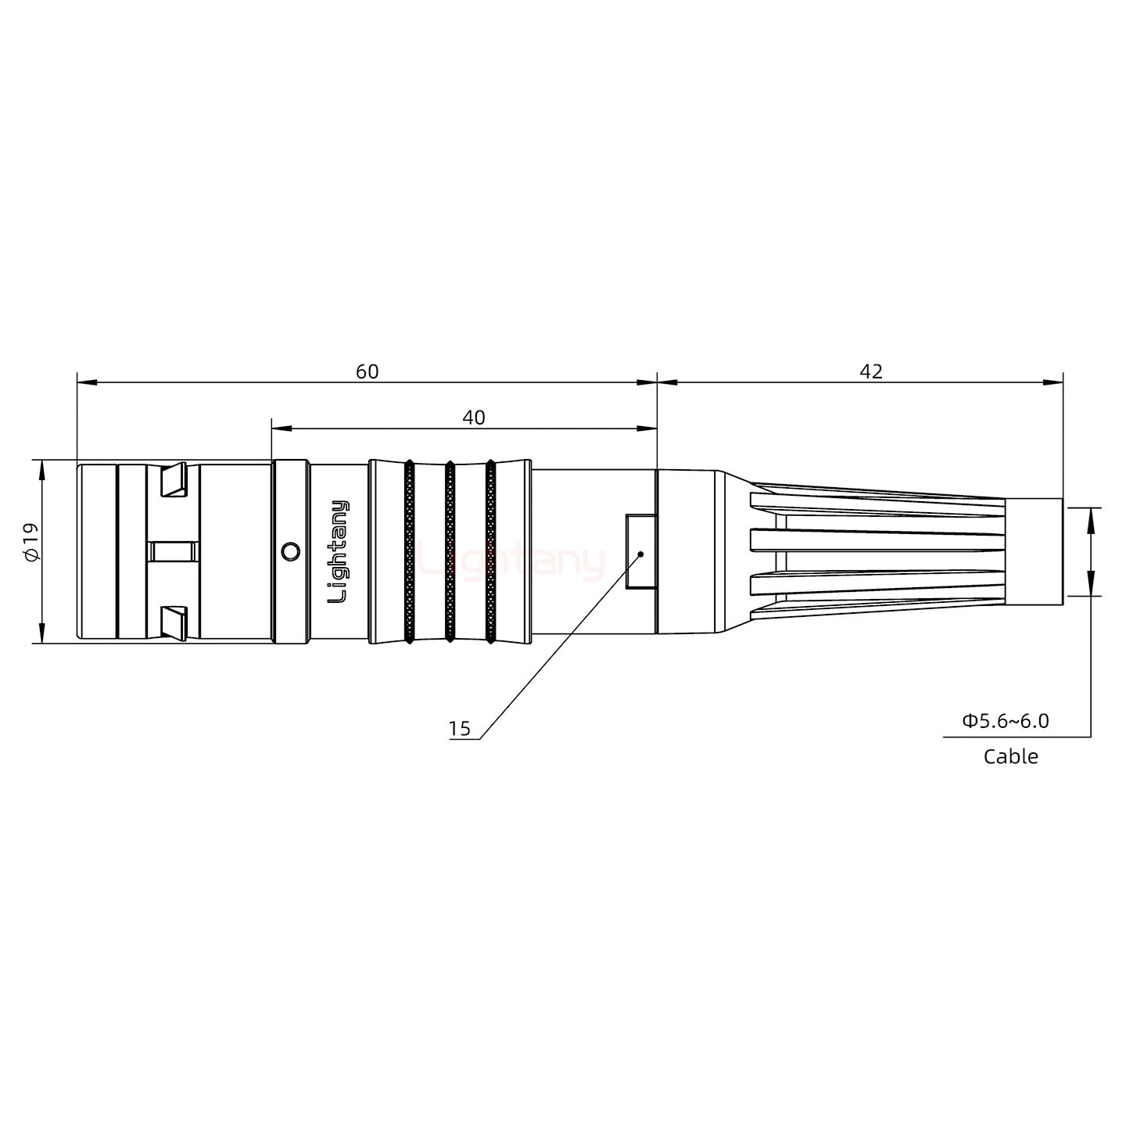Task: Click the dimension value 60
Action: pos(367,371)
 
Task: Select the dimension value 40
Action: pos(473,418)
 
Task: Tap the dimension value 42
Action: pos(870,371)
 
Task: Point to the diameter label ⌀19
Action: pos(30,542)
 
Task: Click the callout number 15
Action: pos(460,729)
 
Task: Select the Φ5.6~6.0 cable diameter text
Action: pos(1005,721)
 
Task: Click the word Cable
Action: pos(1010,756)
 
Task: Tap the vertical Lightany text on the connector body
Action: pos(338,551)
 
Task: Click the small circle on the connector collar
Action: pos(290,552)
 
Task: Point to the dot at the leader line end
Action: pos(640,554)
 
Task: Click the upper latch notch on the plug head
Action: pos(174,480)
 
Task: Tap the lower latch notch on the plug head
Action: pos(174,622)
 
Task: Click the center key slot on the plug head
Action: pos(173,552)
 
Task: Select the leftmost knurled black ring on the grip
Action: pos(409,552)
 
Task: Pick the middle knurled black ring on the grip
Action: pos(450,552)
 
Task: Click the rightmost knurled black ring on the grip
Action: pos(490,552)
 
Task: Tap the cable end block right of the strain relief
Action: pos(1033,551)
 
